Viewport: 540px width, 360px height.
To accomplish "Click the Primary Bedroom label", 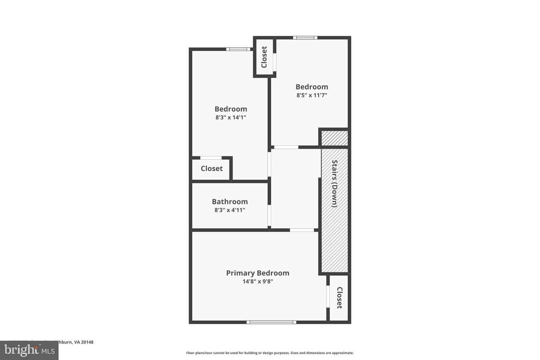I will [x=257, y=273].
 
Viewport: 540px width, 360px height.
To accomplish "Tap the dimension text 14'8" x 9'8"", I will [x=257, y=282].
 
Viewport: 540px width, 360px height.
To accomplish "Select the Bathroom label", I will [x=229, y=202].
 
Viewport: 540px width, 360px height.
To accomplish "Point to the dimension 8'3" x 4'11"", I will [x=229, y=210].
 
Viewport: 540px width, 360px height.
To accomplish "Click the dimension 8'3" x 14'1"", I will [x=230, y=117].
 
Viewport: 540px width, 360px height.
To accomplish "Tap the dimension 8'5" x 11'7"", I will [x=312, y=95].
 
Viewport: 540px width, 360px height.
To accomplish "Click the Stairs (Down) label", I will [x=334, y=184].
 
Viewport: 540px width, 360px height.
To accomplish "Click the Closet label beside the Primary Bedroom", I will [x=339, y=298].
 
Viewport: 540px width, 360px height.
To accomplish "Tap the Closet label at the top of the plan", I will [x=264, y=57].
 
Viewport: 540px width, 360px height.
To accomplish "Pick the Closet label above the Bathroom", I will [x=211, y=169].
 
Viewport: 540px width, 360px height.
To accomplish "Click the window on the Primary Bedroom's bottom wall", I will [x=271, y=322].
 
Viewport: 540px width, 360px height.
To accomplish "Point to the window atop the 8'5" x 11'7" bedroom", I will [x=305, y=37].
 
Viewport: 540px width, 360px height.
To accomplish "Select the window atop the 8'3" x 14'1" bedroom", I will [x=238, y=49].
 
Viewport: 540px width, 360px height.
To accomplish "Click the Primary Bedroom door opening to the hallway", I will [x=302, y=230].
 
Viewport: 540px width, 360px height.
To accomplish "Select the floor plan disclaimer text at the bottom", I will [x=270, y=353].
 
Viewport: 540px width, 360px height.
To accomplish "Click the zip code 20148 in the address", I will [x=87, y=342].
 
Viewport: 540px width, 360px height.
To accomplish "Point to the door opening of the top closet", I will [x=274, y=62].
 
